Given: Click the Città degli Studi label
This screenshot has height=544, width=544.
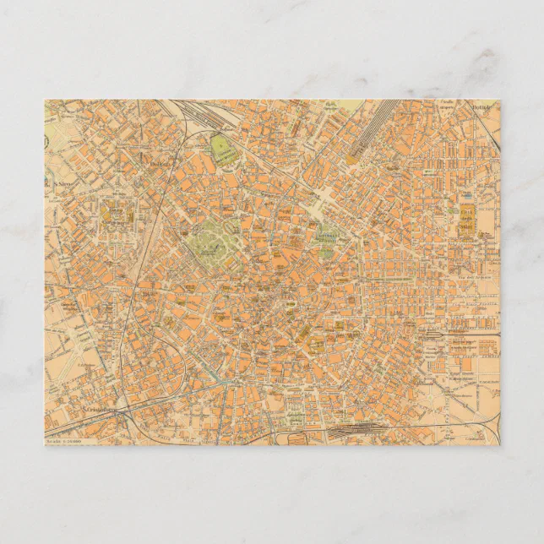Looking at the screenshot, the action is coord(467,218).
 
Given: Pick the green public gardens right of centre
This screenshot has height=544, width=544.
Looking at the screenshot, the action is coord(326,242).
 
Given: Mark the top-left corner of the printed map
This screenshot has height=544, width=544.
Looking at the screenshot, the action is coord(45,100).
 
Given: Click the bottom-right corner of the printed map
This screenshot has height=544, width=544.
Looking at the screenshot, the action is coord(500,445).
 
